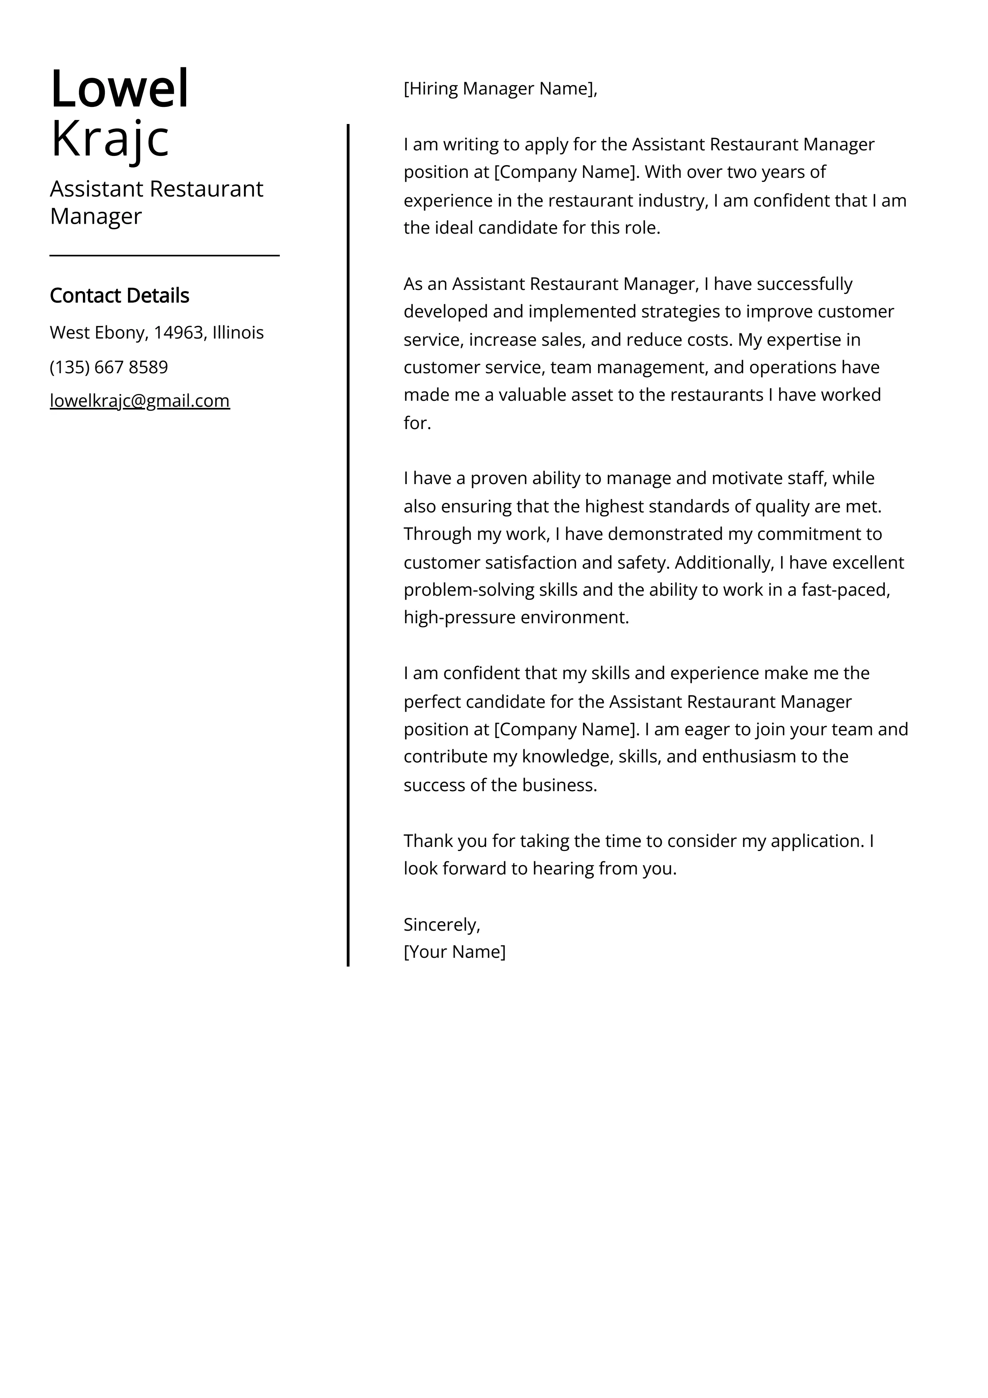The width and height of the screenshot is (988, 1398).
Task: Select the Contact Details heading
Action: pyautogui.click(x=119, y=295)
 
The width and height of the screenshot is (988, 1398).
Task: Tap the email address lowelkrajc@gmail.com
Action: pyautogui.click(x=139, y=401)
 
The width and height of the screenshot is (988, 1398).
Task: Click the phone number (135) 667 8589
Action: pyautogui.click(x=108, y=367)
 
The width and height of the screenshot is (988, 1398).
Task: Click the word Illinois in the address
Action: pyautogui.click(x=238, y=333)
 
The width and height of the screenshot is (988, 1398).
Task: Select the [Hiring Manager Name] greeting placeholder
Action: pyautogui.click(x=499, y=89)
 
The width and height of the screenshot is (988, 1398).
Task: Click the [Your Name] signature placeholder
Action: pyautogui.click(x=454, y=952)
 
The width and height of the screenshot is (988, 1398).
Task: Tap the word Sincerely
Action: pyautogui.click(x=441, y=924)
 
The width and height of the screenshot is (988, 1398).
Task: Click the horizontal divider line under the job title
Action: pyautogui.click(x=164, y=256)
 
